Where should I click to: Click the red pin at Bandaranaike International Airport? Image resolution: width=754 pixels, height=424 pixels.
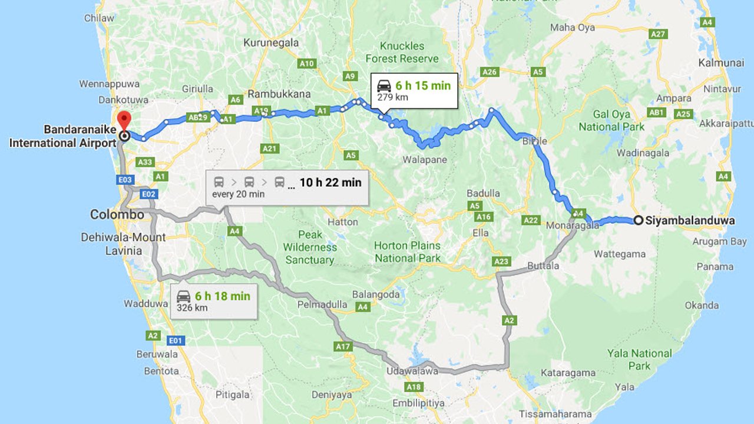tap(124, 120)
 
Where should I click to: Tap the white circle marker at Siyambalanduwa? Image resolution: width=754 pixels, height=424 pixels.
tap(638, 221)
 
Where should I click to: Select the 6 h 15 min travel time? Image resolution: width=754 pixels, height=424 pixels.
tap(423, 85)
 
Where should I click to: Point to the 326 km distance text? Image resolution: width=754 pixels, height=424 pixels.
tap(192, 307)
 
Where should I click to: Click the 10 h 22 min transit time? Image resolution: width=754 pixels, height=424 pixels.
tap(330, 183)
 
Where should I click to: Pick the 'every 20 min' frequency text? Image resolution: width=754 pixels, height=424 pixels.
tap(239, 194)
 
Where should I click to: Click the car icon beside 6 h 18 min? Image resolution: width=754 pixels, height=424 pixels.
tap(184, 296)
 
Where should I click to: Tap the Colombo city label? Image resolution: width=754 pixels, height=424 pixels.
tap(117, 214)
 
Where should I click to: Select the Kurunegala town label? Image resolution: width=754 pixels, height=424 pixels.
tap(271, 43)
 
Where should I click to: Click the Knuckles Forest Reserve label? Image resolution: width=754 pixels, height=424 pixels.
tap(402, 52)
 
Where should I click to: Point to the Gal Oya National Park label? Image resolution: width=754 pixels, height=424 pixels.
tap(612, 120)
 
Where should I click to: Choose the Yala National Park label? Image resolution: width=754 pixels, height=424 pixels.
tap(639, 359)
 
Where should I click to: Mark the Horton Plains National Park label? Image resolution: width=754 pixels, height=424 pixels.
tap(408, 251)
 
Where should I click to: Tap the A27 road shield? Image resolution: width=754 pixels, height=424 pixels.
tap(658, 34)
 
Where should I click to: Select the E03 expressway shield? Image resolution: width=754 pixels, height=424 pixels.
tap(126, 180)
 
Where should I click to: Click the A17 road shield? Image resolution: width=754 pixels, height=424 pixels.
tap(343, 347)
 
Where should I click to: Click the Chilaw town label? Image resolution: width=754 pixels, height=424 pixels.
tap(99, 18)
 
